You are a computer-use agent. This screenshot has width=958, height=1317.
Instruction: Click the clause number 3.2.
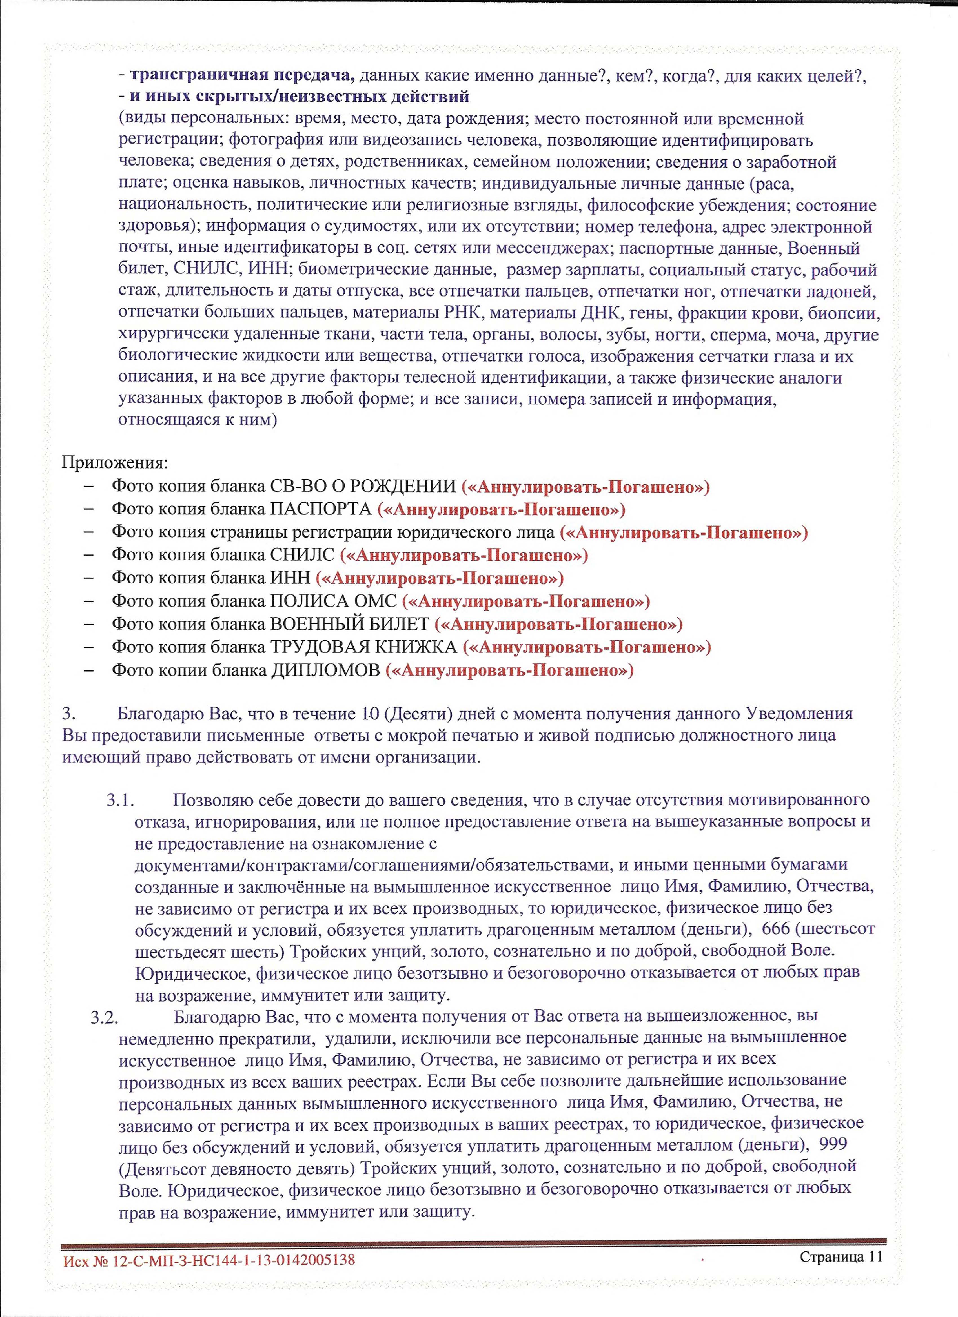[x=105, y=1016]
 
